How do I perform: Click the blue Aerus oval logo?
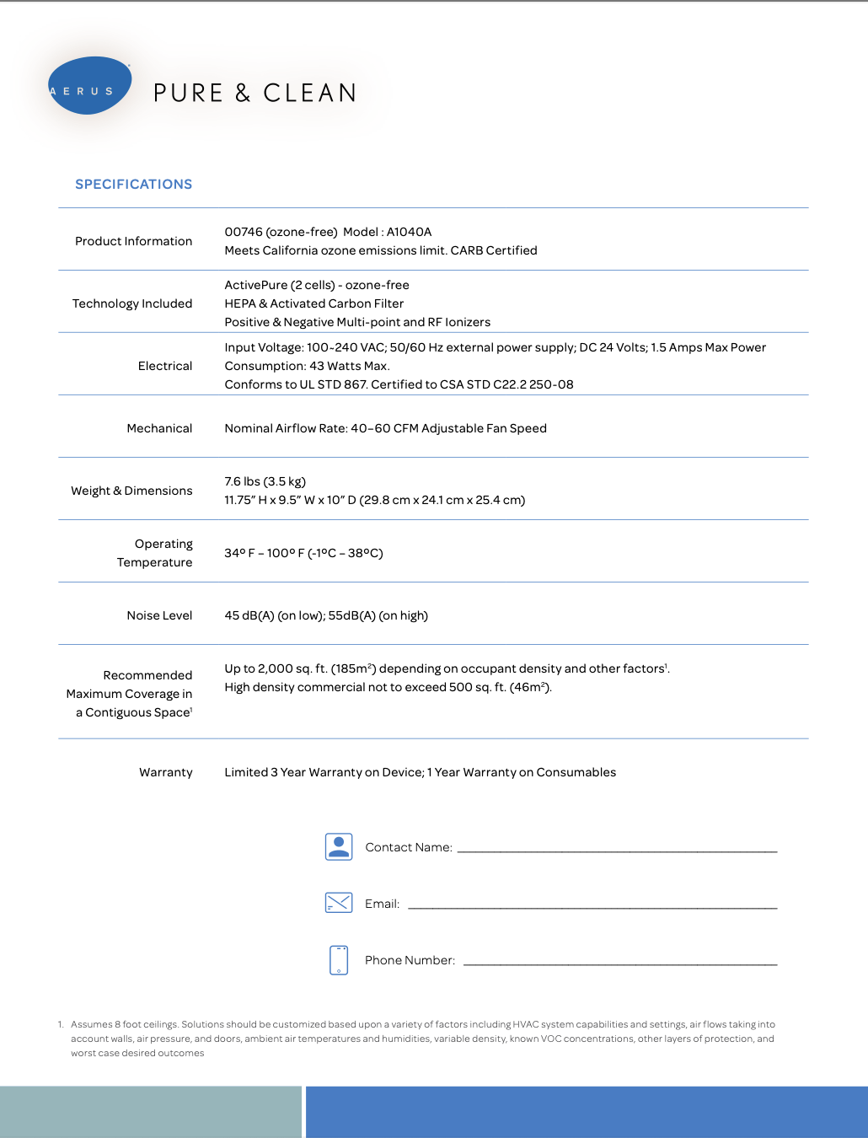[x=89, y=86]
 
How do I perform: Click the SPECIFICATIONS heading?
[x=133, y=185]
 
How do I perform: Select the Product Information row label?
[x=133, y=241]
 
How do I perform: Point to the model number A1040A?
[x=409, y=232]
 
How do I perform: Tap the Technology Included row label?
[x=132, y=303]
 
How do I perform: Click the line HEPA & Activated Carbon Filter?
[x=313, y=303]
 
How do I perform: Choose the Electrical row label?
[x=165, y=366]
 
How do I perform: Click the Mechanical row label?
[x=159, y=428]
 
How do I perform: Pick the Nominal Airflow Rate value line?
[x=385, y=428]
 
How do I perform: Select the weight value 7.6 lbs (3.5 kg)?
[x=265, y=481]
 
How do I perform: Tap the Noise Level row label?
[x=159, y=615]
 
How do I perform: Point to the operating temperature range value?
[x=303, y=553]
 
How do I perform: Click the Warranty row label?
[x=166, y=772]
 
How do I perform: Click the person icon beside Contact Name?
[x=339, y=846]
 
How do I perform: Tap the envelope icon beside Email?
[x=339, y=903]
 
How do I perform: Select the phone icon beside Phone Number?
[x=339, y=959]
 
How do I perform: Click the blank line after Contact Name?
[x=617, y=850]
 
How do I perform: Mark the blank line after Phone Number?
[x=620, y=963]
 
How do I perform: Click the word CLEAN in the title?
[x=310, y=93]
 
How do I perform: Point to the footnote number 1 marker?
[x=61, y=1025]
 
